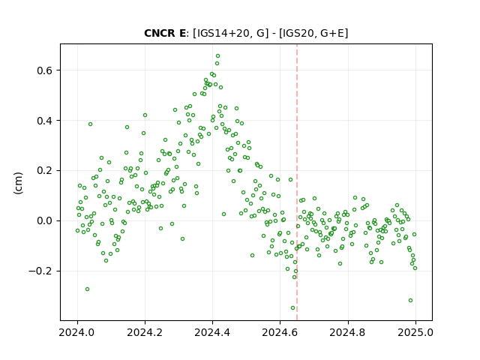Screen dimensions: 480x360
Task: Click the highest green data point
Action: [217, 56]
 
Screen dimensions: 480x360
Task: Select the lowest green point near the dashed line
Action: [292, 308]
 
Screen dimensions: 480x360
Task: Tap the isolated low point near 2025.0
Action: [410, 300]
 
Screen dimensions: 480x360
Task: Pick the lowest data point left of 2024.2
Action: [87, 289]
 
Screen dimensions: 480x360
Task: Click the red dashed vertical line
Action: [297, 182]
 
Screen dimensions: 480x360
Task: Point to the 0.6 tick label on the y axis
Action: [45, 70]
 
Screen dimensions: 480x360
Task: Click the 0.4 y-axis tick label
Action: [45, 121]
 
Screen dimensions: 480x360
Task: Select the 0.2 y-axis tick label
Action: [45, 171]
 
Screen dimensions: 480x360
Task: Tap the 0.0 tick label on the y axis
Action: [45, 221]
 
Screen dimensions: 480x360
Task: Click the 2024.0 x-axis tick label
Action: [77, 332]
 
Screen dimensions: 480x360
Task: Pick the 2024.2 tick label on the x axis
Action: [145, 332]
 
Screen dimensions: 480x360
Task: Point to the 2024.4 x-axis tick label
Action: [212, 332]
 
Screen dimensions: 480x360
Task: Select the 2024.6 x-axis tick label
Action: [280, 332]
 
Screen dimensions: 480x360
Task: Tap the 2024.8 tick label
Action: [348, 332]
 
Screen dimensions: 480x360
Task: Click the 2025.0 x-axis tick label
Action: [415, 332]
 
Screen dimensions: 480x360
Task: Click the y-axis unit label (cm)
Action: [18, 183]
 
